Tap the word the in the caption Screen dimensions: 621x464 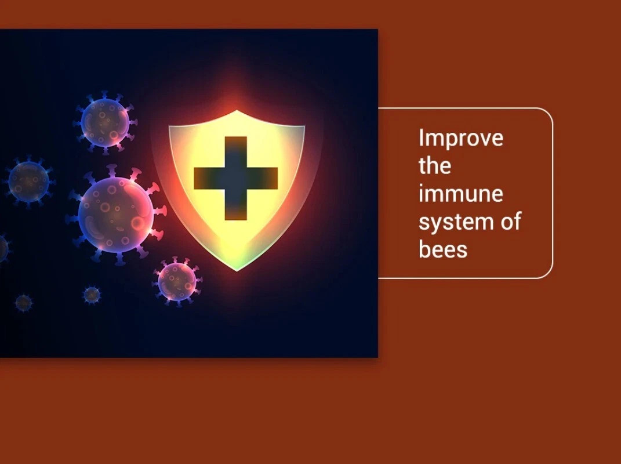pyautogui.click(x=435, y=166)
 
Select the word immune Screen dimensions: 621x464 pyautogui.click(x=461, y=194)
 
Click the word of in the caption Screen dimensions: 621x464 pyautogui.click(x=511, y=221)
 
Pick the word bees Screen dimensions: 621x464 pyautogui.click(x=443, y=249)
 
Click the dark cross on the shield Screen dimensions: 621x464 pyautogui.click(x=235, y=178)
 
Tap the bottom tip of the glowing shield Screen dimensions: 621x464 pyautogui.click(x=237, y=271)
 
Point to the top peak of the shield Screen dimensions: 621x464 pyautogui.click(x=237, y=111)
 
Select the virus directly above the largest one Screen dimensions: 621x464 pyautogui.click(x=105, y=122)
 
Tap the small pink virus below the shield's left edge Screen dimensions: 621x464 pyautogui.click(x=177, y=282)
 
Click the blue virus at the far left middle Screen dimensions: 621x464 pyautogui.click(x=28, y=182)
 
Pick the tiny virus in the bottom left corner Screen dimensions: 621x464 pyautogui.click(x=23, y=303)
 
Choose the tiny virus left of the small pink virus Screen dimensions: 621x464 pyautogui.click(x=92, y=295)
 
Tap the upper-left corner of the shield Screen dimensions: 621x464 pyautogui.click(x=169, y=126)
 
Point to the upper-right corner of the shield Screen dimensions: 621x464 pyautogui.click(x=304, y=126)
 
